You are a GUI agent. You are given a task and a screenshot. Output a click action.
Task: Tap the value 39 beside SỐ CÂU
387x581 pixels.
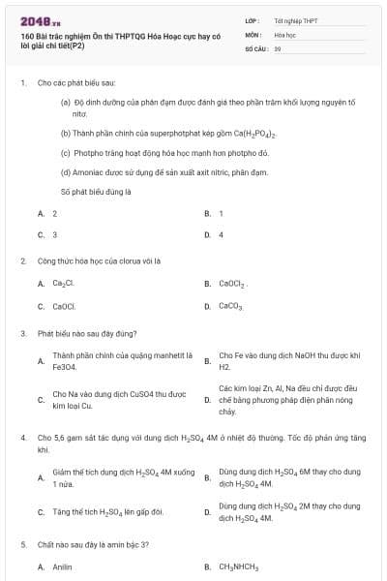point(278,47)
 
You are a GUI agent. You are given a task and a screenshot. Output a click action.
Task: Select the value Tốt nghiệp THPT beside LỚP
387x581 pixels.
point(295,19)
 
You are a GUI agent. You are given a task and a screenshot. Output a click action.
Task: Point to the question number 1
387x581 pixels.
point(21,84)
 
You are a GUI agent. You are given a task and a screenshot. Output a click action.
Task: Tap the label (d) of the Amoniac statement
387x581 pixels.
point(66,171)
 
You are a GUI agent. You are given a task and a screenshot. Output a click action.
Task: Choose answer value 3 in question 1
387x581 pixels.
point(54,234)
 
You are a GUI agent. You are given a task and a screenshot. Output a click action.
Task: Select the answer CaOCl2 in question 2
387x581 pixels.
point(233,284)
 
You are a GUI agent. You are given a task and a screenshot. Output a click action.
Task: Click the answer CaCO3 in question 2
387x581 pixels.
point(230,306)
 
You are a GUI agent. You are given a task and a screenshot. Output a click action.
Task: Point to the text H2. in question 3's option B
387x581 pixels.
point(225,368)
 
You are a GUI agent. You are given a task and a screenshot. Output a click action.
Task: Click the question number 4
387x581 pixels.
point(21,438)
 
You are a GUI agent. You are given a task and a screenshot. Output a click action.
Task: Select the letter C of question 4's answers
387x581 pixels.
point(41,511)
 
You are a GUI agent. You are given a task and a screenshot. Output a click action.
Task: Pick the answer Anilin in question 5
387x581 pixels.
point(63,566)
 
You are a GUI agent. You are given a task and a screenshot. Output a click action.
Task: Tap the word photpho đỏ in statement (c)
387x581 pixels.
point(251,153)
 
